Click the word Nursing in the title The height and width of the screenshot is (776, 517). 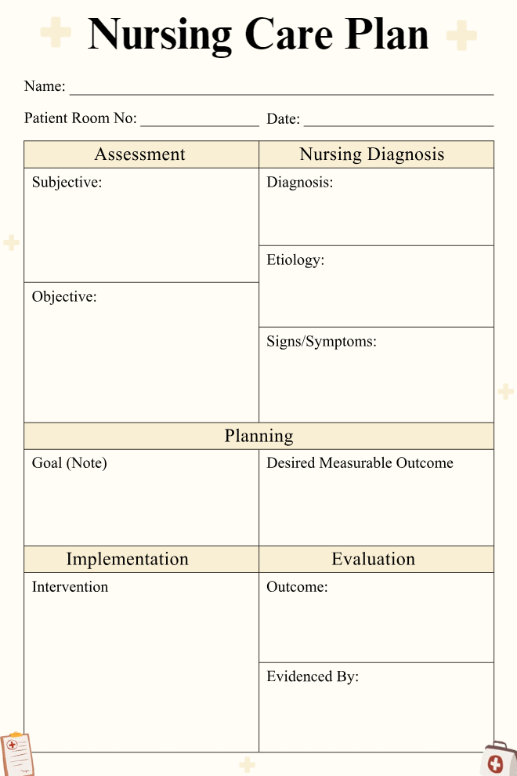160,35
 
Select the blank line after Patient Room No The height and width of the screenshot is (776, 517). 200,122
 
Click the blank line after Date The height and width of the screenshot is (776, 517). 399,122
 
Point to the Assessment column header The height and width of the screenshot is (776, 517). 140,154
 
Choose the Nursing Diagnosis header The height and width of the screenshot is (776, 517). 372,154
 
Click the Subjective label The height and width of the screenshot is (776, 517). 67,183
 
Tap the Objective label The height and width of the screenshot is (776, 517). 64,297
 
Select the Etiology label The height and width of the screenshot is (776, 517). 295,260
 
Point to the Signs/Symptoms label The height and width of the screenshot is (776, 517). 321,342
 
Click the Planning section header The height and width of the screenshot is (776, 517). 258,436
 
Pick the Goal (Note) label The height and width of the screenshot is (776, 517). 69,463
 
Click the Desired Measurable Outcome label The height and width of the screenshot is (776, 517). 360,463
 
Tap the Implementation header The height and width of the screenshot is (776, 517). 127,559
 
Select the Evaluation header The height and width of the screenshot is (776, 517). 373,559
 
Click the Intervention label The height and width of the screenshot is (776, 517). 70,587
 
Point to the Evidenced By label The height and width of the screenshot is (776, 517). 313,676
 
